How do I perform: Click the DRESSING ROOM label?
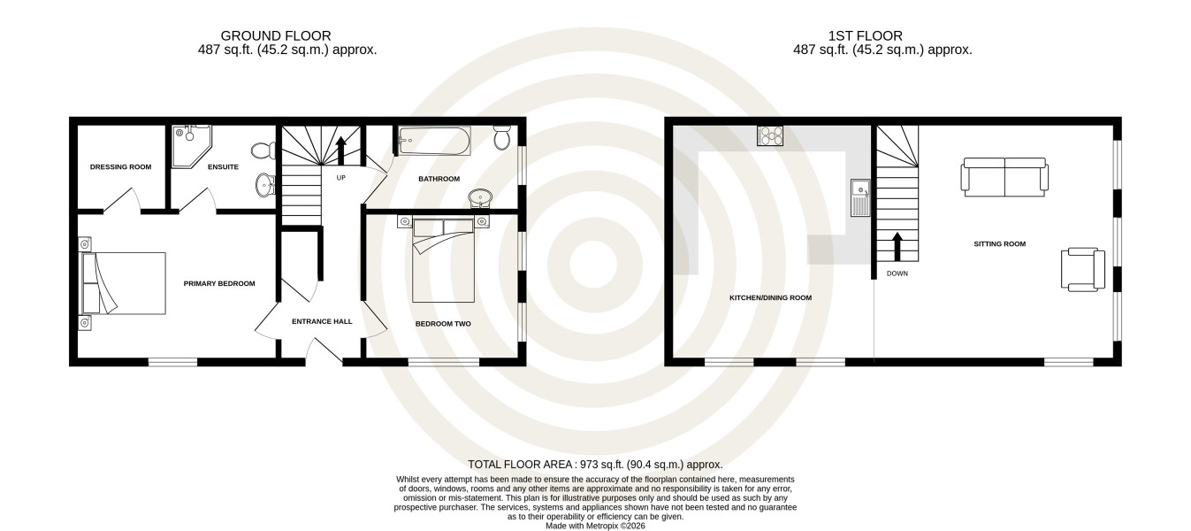tap(121, 167)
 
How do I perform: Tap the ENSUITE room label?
tap(223, 167)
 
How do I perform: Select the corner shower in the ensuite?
tap(191, 146)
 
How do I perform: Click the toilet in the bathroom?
tap(502, 137)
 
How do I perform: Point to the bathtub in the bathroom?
tap(434, 141)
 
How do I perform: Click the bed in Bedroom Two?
tap(444, 260)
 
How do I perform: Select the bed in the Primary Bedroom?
tap(123, 283)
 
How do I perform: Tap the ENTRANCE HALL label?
tap(322, 321)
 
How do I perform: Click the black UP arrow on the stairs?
tap(340, 150)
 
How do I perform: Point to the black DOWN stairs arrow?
tap(897, 246)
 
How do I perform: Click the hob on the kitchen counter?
tap(770, 135)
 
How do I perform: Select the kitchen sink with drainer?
tap(859, 197)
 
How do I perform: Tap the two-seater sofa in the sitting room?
tap(1004, 177)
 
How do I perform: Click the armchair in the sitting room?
tap(1082, 269)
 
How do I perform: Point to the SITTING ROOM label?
tap(1000, 244)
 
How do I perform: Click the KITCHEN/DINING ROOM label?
tap(770, 298)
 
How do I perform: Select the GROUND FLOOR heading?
tap(275, 35)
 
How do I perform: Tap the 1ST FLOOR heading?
tap(865, 35)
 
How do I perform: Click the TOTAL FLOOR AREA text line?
tap(595, 465)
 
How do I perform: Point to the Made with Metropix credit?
tap(595, 527)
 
